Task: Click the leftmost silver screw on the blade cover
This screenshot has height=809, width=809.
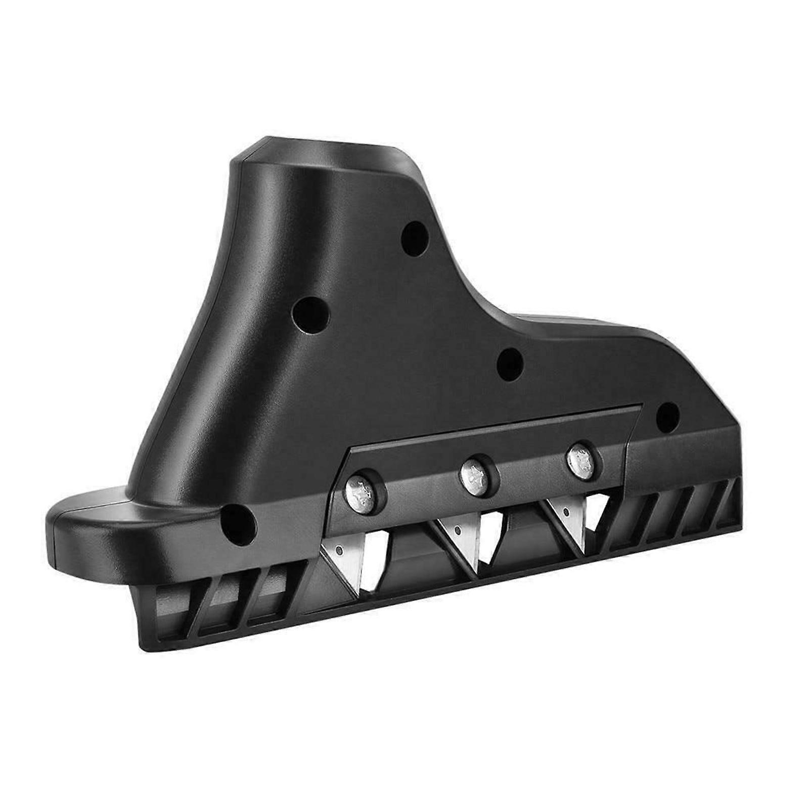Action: click(360, 489)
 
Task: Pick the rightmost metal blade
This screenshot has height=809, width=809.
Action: click(571, 517)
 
